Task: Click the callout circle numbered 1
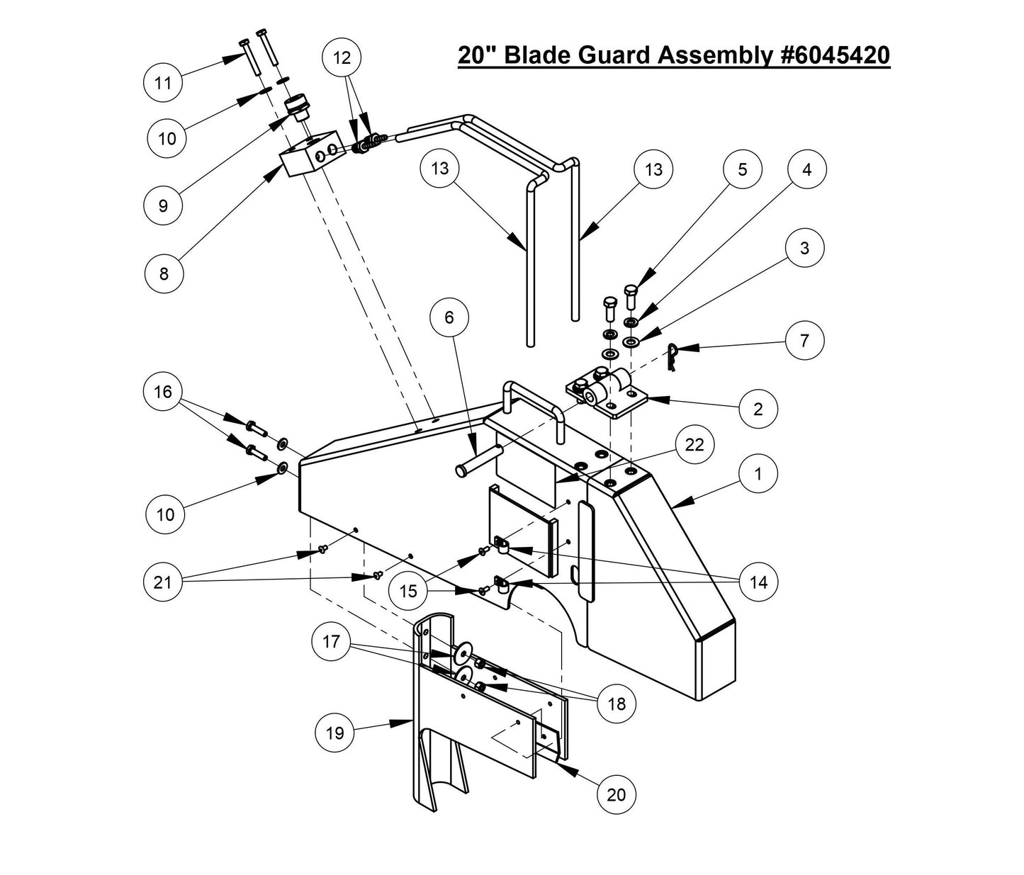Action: pos(758,473)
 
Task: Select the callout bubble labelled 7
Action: pos(804,340)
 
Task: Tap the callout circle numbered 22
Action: pos(694,444)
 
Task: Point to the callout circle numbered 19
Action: pos(334,732)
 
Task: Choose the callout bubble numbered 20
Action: pos(616,794)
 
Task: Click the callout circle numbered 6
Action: pos(449,317)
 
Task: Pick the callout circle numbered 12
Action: pos(342,57)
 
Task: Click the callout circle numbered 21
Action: pos(163,582)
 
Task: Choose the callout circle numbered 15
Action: pos(409,589)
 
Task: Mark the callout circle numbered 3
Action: pos(804,248)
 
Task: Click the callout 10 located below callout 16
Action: pos(164,514)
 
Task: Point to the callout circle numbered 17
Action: pos(331,642)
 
